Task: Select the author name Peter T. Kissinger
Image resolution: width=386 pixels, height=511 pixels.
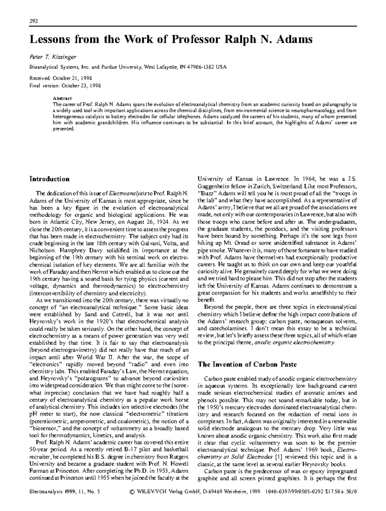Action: point(53,57)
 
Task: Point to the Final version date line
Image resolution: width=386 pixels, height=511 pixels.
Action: point(65,86)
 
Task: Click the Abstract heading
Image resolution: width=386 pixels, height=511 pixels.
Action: point(62,98)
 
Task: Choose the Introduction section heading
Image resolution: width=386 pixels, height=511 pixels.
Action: point(49,179)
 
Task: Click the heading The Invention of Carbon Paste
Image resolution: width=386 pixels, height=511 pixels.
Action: point(247,364)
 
